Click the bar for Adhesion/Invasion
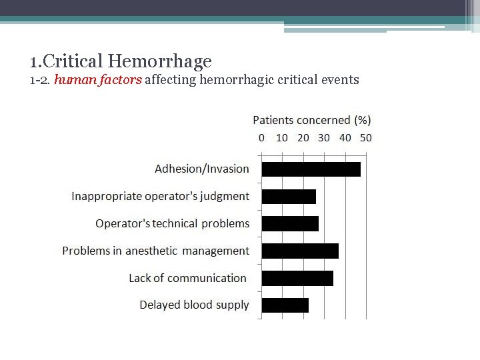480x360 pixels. (311, 169)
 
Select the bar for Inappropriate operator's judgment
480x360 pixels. (289, 197)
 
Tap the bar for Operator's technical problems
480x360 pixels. (290, 223)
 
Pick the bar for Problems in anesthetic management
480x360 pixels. (300, 251)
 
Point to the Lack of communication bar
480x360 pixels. (297, 278)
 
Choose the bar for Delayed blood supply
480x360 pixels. (285, 305)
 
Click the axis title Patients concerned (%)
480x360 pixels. (311, 121)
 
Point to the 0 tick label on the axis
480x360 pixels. (261, 138)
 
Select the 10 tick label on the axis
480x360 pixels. (282, 138)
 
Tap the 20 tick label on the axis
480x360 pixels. (303, 138)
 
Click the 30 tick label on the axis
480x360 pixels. (324, 138)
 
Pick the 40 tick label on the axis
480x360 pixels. (345, 138)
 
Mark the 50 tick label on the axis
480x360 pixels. (366, 138)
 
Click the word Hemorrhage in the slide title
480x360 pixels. (159, 62)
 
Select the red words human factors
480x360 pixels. (98, 81)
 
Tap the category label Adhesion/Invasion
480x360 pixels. (202, 169)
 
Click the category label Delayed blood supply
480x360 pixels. (194, 305)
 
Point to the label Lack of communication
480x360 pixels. (188, 278)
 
